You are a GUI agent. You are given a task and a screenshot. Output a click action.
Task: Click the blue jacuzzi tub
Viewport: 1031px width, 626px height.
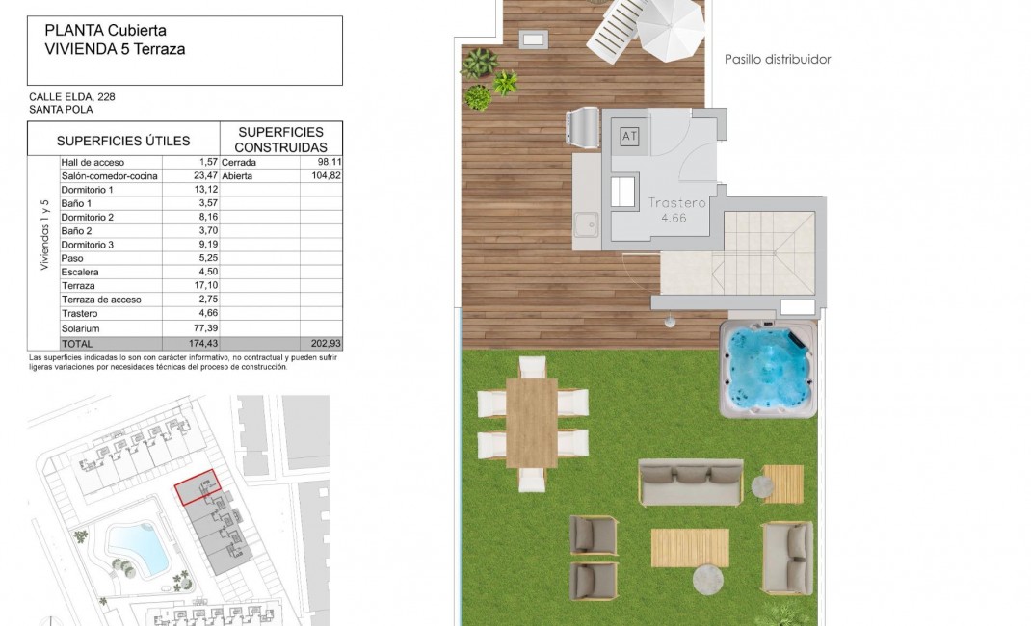(x=768, y=368)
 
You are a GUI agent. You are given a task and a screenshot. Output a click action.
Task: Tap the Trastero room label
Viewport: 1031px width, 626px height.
(x=677, y=203)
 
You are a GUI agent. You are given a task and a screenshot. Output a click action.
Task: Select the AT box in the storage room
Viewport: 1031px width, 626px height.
(x=629, y=137)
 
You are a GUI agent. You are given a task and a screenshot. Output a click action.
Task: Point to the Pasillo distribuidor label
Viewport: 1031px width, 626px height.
(x=777, y=60)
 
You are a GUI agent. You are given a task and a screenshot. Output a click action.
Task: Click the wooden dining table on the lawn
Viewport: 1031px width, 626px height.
(x=531, y=422)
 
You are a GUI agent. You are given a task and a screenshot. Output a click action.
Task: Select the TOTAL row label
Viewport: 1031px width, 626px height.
(x=76, y=344)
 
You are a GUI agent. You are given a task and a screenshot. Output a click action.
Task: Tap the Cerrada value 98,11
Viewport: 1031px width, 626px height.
(x=329, y=163)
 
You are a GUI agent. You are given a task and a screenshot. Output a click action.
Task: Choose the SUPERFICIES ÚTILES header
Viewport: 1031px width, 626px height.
(x=123, y=141)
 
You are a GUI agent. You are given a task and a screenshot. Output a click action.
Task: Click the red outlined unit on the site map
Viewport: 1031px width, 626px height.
(x=198, y=488)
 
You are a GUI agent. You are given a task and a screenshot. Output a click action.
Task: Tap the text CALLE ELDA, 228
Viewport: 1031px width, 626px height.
(x=73, y=96)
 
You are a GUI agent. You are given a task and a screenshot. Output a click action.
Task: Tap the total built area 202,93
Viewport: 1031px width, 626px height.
(x=328, y=344)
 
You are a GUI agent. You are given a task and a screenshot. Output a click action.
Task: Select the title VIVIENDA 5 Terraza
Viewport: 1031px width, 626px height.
(x=115, y=48)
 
